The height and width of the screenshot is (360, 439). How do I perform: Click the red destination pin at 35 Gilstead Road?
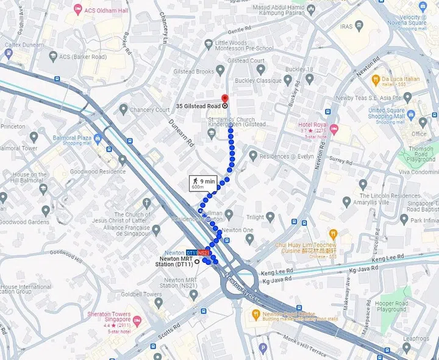(x=224, y=99)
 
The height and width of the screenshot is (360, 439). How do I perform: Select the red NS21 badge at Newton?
(x=204, y=253)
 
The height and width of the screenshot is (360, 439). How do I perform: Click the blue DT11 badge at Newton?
(x=191, y=253)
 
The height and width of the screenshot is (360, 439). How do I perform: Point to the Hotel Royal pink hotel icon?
(x=334, y=129)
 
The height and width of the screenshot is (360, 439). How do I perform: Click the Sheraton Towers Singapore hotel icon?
(x=137, y=320)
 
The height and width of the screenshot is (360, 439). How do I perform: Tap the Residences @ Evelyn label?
(x=286, y=156)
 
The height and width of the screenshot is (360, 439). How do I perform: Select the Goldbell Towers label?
(x=145, y=295)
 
